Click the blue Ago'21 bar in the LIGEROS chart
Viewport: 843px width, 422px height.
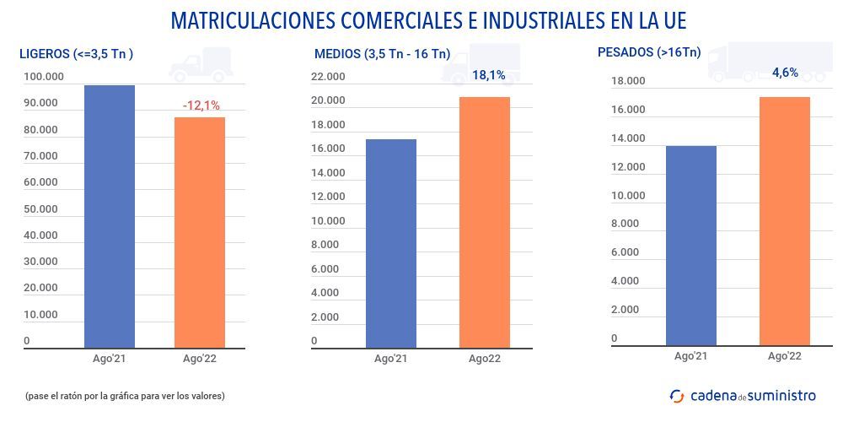point(110,216)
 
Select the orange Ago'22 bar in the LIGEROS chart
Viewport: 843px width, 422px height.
point(200,232)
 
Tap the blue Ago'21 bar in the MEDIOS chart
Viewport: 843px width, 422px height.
point(391,243)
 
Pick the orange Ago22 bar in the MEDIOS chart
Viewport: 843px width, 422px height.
point(485,222)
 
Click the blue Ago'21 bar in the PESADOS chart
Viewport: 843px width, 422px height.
point(691,246)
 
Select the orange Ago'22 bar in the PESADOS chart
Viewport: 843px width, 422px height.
point(785,221)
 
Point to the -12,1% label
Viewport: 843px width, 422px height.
point(201,105)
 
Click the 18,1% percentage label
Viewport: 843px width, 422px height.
point(488,75)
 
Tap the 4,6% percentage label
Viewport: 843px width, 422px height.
point(785,73)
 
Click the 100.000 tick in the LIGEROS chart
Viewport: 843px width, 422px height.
point(44,77)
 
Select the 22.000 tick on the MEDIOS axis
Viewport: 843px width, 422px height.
point(328,77)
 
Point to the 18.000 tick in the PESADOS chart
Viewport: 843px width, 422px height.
point(627,81)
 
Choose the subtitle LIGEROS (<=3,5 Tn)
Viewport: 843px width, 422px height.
point(76,54)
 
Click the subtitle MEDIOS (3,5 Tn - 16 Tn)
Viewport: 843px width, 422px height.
point(382,54)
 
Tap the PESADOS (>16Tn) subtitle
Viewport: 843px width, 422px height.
point(648,52)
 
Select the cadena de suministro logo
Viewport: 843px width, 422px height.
point(743,395)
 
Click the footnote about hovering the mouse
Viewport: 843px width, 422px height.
point(125,395)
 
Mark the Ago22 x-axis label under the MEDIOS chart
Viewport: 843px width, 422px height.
point(485,359)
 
